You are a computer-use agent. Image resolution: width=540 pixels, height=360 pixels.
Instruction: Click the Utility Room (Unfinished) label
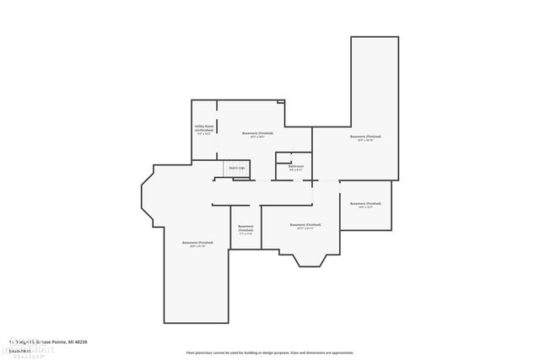pyautogui.click(x=204, y=129)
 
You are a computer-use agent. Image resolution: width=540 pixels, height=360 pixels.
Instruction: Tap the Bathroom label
pyautogui.click(x=296, y=166)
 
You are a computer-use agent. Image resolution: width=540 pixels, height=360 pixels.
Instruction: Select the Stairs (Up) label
pyautogui.click(x=237, y=168)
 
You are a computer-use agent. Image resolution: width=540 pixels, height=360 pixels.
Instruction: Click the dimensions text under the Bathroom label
pyautogui.click(x=296, y=170)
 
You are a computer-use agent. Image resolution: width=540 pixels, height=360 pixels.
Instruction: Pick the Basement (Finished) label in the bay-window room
pyautogui.click(x=305, y=224)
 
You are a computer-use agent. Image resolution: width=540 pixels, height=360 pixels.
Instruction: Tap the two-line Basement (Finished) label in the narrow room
pyautogui.click(x=246, y=228)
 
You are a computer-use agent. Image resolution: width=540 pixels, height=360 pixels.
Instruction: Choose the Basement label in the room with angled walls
pyautogui.click(x=198, y=242)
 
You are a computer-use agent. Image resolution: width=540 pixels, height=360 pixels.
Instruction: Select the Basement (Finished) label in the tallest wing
pyautogui.click(x=365, y=136)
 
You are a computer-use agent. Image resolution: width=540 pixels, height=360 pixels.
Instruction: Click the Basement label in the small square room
pyautogui.click(x=365, y=203)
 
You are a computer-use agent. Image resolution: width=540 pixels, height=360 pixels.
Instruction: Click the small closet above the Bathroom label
pyautogui.click(x=283, y=157)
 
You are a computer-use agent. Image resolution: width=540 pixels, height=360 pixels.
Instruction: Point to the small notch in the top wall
pyautogui.click(x=281, y=102)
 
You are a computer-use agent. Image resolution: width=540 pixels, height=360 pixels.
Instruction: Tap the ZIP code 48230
pyautogui.click(x=81, y=341)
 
